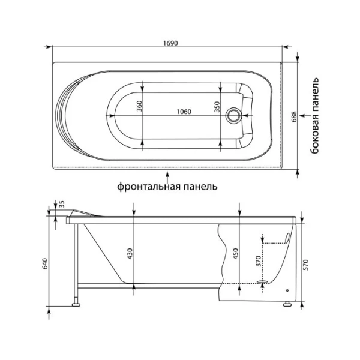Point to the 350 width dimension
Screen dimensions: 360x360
(217, 106)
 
